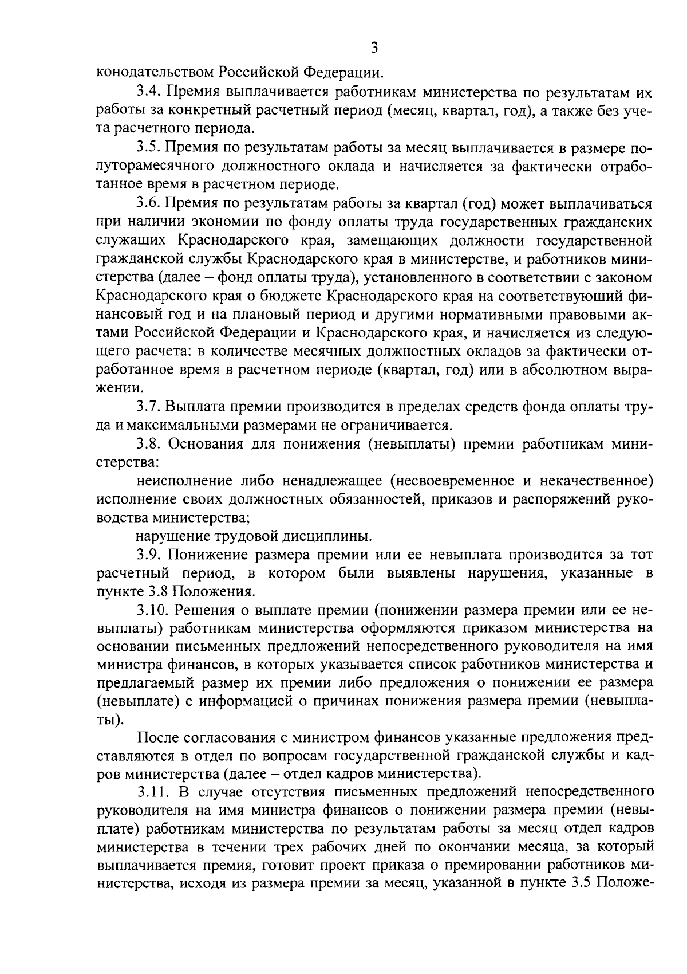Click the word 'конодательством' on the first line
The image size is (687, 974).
click(x=154, y=73)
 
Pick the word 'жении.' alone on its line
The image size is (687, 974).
click(x=117, y=388)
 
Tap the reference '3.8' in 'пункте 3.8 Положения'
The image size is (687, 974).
click(x=158, y=591)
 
